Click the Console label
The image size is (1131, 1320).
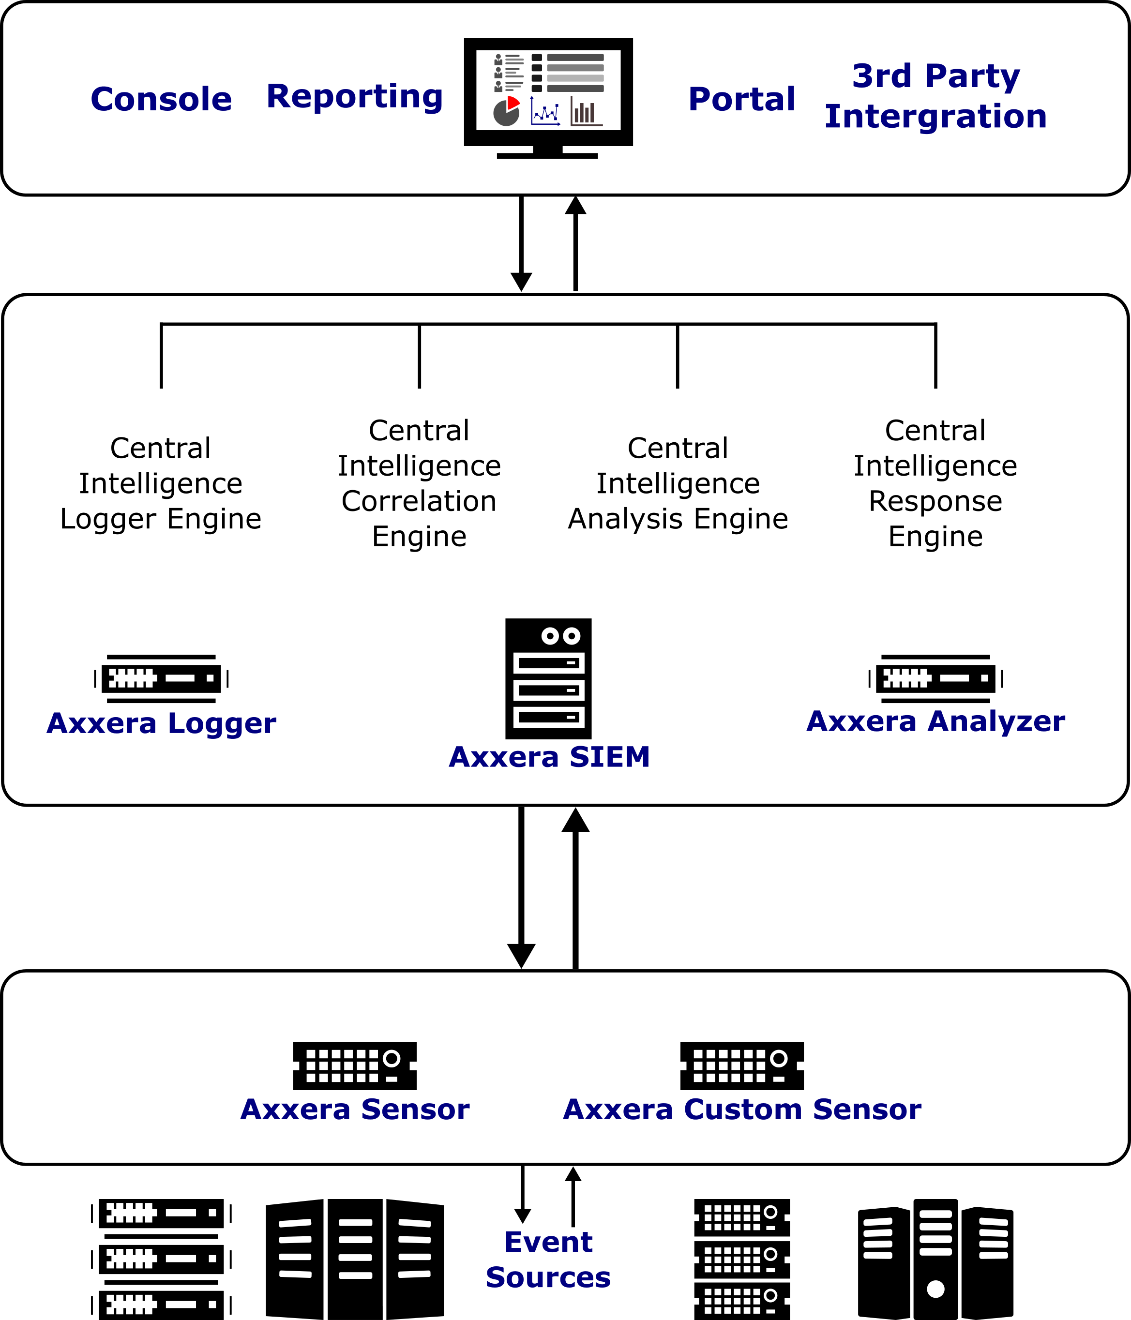click(161, 99)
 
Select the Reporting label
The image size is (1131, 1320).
click(355, 97)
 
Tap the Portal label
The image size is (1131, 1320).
click(742, 99)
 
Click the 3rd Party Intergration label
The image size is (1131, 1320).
click(936, 96)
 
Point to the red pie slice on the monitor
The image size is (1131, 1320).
click(513, 103)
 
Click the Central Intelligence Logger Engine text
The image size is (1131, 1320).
click(161, 483)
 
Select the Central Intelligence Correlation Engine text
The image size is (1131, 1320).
click(419, 483)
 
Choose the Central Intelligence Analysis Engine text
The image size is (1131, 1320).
click(678, 483)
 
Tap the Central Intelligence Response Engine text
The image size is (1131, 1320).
click(935, 483)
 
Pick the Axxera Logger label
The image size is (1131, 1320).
click(161, 723)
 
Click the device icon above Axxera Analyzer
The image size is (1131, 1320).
click(935, 678)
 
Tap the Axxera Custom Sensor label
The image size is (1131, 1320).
click(742, 1109)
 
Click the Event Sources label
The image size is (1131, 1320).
click(548, 1260)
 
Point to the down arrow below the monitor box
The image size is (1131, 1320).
click(521, 243)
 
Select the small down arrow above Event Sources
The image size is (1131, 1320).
click(523, 1195)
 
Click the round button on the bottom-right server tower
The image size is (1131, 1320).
click(935, 1289)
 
